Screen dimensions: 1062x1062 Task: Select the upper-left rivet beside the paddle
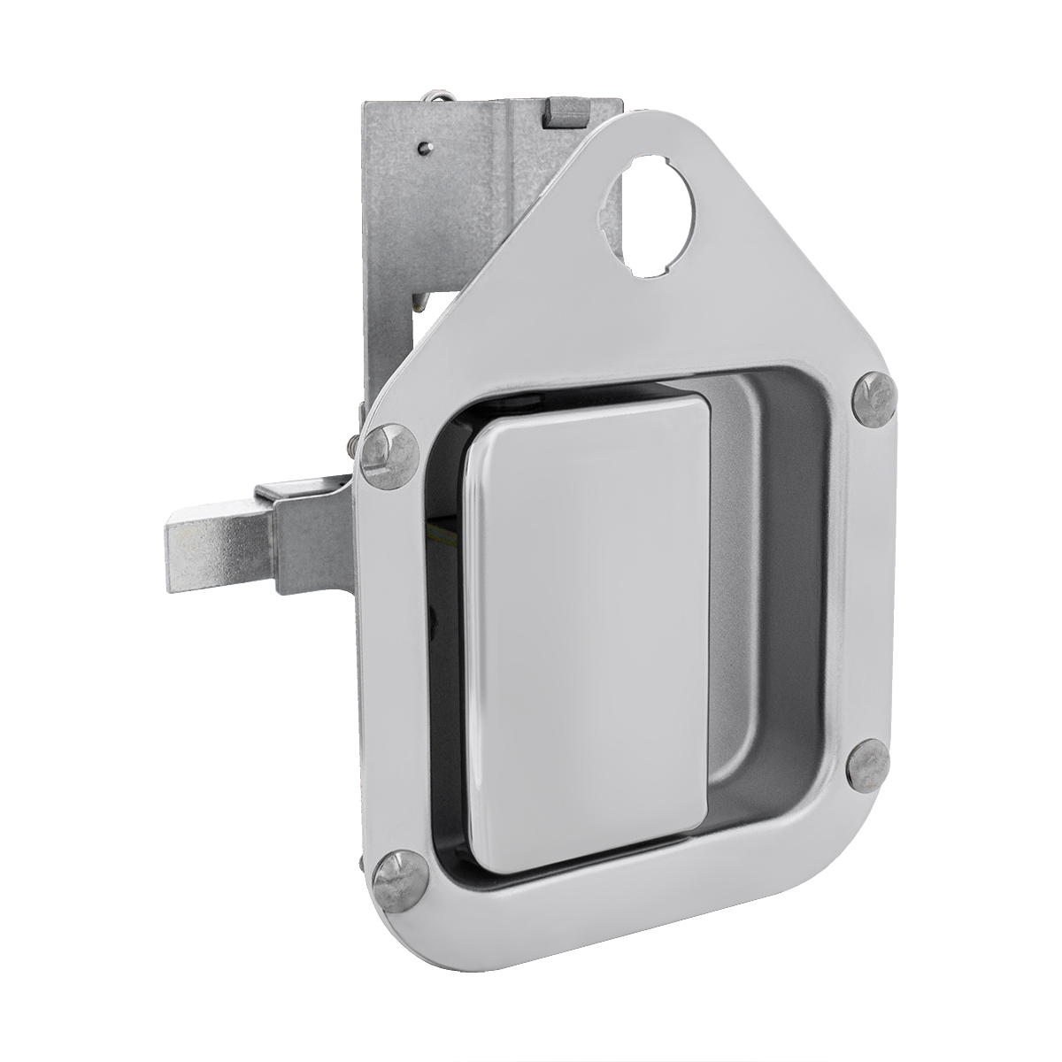(390, 455)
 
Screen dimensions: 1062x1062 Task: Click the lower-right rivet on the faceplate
(867, 766)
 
